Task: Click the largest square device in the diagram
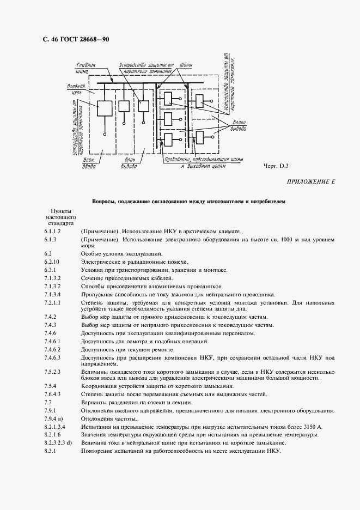coord(104,107)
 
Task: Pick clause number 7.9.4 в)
coord(54,418)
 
